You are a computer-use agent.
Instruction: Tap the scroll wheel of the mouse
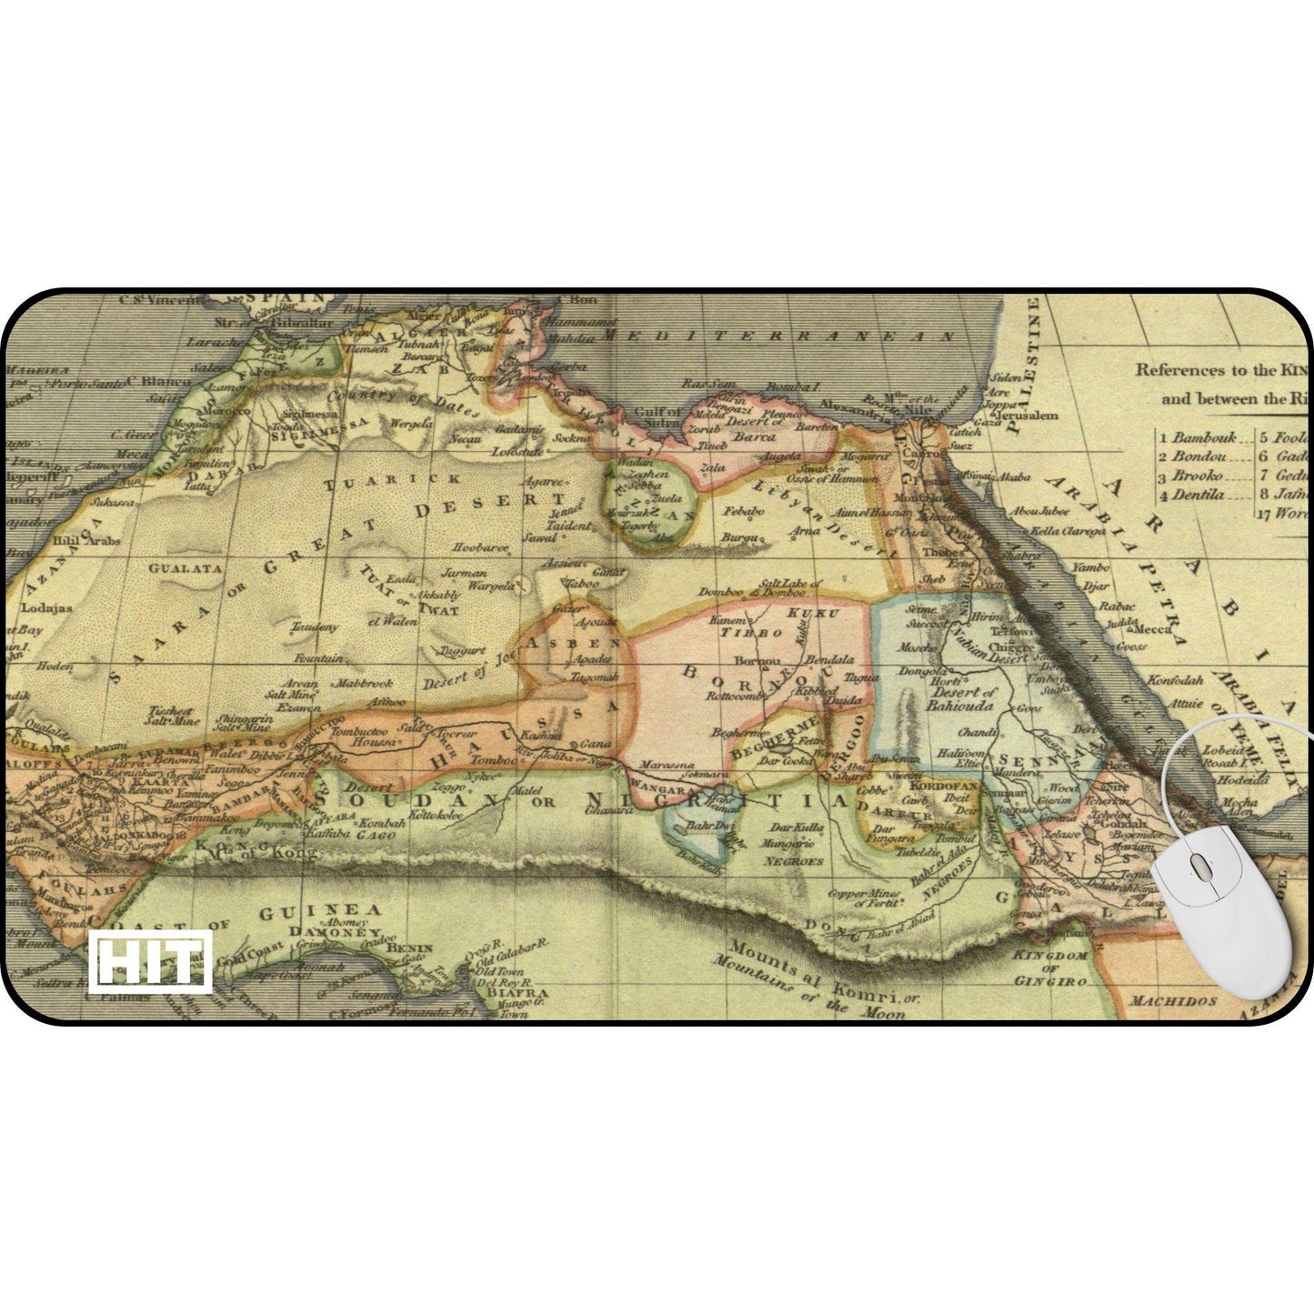[1198, 866]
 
